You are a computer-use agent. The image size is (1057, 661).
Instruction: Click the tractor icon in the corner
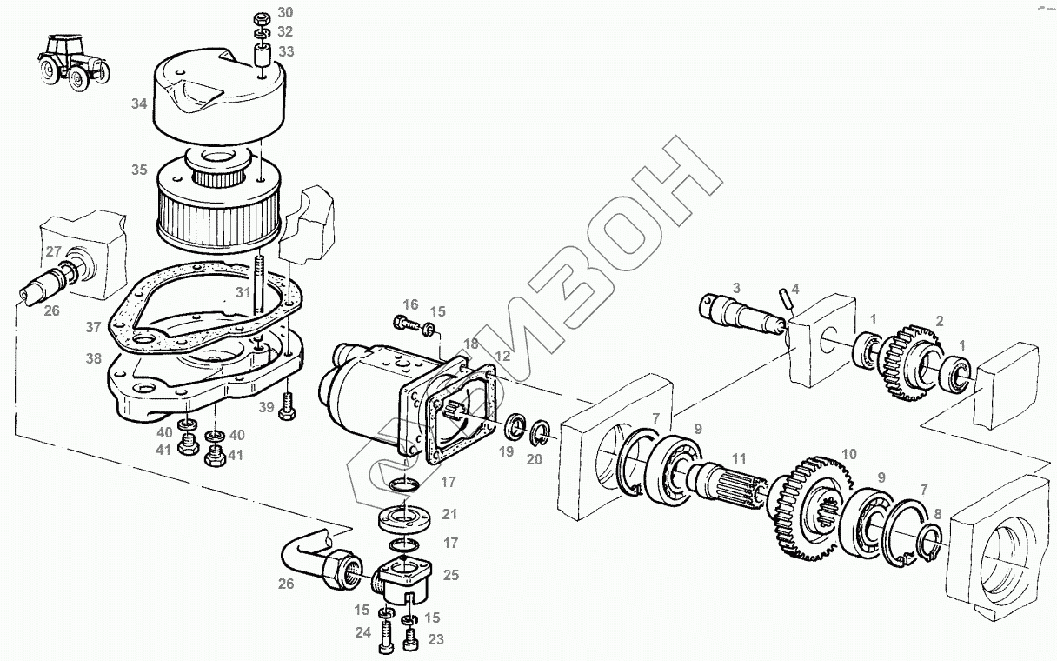point(73,60)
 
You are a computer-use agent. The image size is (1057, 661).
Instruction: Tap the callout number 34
point(139,104)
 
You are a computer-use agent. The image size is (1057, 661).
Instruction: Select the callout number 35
point(139,170)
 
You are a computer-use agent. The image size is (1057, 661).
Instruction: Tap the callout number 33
point(286,51)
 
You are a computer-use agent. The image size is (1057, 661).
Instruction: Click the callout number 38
point(93,357)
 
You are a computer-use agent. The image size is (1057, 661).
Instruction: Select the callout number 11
point(739,457)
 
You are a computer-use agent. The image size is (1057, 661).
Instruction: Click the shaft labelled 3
point(739,311)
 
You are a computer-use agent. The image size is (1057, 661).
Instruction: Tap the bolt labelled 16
point(405,324)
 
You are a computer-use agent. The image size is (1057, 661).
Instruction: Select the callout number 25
point(450,575)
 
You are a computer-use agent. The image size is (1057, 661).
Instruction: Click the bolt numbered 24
point(386,642)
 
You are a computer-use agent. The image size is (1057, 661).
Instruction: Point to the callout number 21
point(449,514)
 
